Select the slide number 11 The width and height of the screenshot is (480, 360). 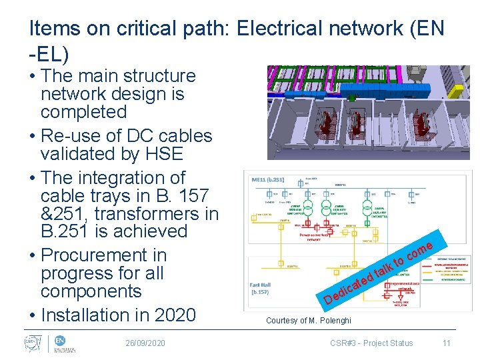447,343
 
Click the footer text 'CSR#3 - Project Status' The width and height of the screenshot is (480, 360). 371,343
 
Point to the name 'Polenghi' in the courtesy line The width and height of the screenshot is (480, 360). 332,321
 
